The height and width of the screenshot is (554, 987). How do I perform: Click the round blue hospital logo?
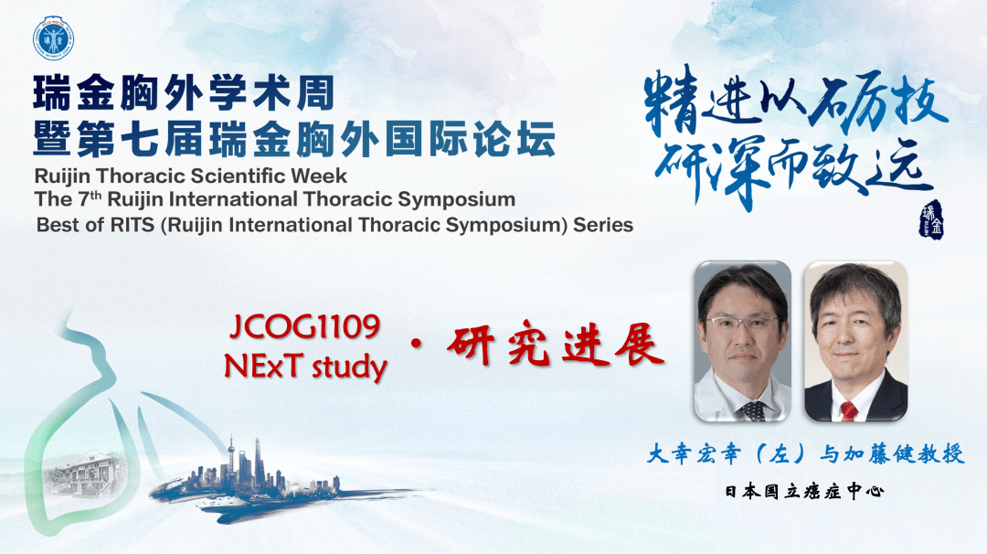[x=54, y=38]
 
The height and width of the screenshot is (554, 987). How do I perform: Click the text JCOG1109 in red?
[x=305, y=326]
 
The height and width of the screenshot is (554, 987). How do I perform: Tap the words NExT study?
[x=305, y=367]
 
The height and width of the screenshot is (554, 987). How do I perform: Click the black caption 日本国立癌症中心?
[x=804, y=491]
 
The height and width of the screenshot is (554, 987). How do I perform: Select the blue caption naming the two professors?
[x=806, y=453]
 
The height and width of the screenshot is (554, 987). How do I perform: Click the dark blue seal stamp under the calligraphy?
[x=931, y=219]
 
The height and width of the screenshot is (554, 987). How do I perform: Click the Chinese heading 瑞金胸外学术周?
[x=184, y=93]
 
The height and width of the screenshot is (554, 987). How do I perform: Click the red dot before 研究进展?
[x=416, y=345]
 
